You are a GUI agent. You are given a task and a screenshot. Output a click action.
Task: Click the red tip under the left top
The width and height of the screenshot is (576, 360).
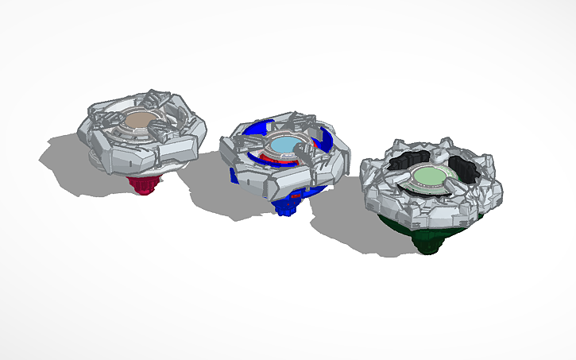pos(145,185)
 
